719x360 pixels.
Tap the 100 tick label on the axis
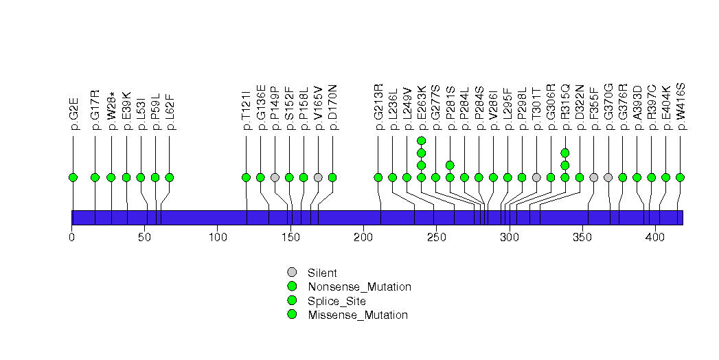tap(217, 238)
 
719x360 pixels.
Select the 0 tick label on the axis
tap(72, 238)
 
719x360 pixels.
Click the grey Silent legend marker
tap(292, 273)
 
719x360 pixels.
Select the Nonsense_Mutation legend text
tap(359, 287)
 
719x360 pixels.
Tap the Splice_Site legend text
tap(336, 301)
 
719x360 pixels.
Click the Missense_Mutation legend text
tap(358, 315)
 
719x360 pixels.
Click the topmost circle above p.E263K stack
tap(422, 141)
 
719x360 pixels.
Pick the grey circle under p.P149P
tap(275, 177)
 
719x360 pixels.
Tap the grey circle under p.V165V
tap(318, 177)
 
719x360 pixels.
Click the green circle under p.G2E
tap(73, 177)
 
